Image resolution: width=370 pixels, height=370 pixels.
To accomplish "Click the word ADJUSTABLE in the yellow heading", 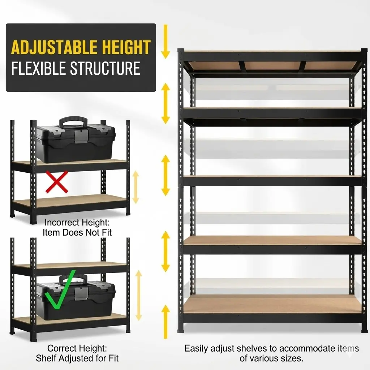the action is pyautogui.click(x=54, y=47).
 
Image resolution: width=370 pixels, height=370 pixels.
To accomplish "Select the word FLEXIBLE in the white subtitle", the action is pyautogui.click(x=38, y=68).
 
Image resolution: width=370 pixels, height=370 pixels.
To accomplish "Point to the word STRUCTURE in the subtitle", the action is pyautogui.click(x=105, y=68).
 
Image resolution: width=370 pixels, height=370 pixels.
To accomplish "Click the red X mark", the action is pyautogui.click(x=57, y=182).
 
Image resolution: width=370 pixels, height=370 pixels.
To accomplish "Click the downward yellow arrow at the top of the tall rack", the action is pyautogui.click(x=165, y=42).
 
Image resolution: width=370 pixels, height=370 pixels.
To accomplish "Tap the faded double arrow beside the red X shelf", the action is pyautogui.click(x=136, y=188).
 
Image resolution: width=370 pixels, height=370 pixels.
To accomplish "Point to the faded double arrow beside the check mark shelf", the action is pyautogui.click(x=139, y=296).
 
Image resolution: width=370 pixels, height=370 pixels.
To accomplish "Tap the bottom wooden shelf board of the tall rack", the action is pyautogui.click(x=272, y=304).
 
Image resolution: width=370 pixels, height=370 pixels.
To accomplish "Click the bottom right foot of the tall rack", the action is pyautogui.click(x=364, y=331).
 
